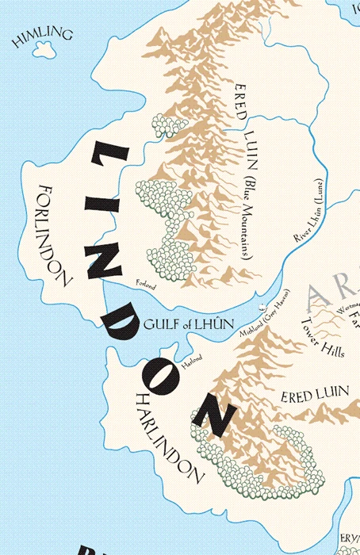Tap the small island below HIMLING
pyautogui.click(x=38, y=50)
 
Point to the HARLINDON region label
pyautogui.click(x=167, y=437)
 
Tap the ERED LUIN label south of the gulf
pyautogui.click(x=306, y=396)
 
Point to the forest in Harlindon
pyautogui.click(x=262, y=460)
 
